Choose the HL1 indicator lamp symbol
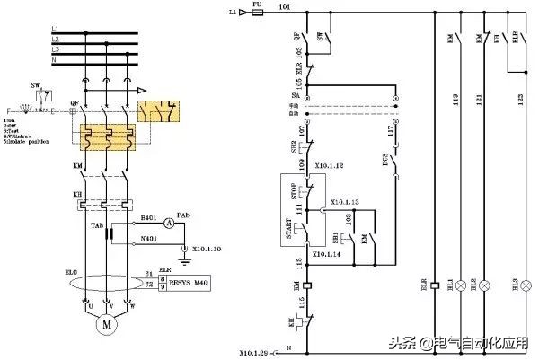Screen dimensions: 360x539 click(461, 285)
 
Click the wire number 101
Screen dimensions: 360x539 click(285, 8)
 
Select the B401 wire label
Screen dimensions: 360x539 click(150, 217)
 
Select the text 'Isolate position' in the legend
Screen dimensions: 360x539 click(32, 142)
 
